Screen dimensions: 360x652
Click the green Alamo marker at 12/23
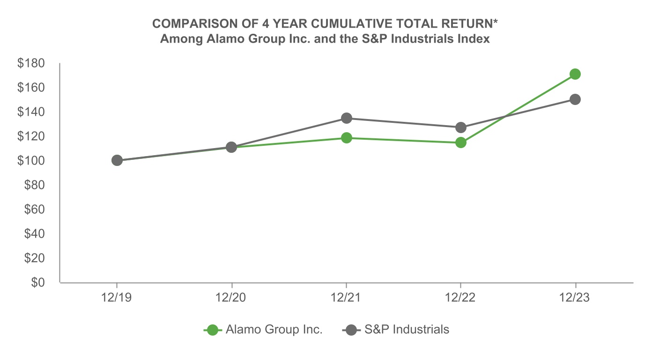click(575, 74)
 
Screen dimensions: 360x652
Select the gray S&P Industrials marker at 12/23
click(575, 99)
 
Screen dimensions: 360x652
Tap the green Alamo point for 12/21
click(346, 138)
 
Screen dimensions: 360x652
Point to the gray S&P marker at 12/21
click(346, 118)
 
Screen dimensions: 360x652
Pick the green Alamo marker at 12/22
click(461, 142)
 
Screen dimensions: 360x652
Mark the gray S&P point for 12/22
click(461, 127)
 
